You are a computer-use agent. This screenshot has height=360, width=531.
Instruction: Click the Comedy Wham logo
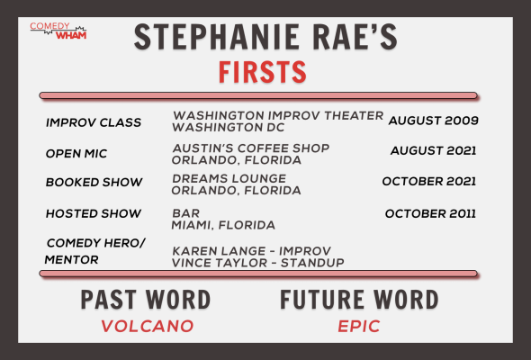[58, 31]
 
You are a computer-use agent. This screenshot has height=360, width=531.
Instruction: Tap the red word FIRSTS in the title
[263, 72]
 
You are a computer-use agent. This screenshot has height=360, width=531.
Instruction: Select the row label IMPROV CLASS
[94, 122]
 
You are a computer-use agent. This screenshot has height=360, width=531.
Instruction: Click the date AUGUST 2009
[434, 121]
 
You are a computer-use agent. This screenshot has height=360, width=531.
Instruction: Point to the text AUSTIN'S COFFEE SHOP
[251, 148]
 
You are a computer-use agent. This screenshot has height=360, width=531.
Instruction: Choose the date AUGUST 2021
[434, 150]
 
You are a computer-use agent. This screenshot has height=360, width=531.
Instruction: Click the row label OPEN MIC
[76, 154]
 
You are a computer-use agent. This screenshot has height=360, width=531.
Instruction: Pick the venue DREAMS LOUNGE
[229, 178]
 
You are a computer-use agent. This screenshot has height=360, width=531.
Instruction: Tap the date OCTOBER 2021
[429, 182]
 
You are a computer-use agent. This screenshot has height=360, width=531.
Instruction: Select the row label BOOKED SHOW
[94, 183]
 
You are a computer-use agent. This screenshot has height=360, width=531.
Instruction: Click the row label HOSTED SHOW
[94, 213]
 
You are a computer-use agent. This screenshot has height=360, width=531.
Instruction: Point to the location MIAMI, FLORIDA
[223, 225]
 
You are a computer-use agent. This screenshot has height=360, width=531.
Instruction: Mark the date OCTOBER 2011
[430, 213]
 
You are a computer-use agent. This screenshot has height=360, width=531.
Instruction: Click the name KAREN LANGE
[219, 251]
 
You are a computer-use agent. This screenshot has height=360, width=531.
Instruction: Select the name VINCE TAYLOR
[220, 263]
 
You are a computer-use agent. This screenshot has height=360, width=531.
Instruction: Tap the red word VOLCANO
[148, 326]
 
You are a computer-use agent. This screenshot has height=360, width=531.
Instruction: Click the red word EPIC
[359, 326]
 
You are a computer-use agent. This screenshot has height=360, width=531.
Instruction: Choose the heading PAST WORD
[146, 300]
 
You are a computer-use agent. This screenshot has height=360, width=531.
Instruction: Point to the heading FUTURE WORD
[359, 300]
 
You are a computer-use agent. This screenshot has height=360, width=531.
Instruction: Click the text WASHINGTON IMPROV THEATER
[278, 116]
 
